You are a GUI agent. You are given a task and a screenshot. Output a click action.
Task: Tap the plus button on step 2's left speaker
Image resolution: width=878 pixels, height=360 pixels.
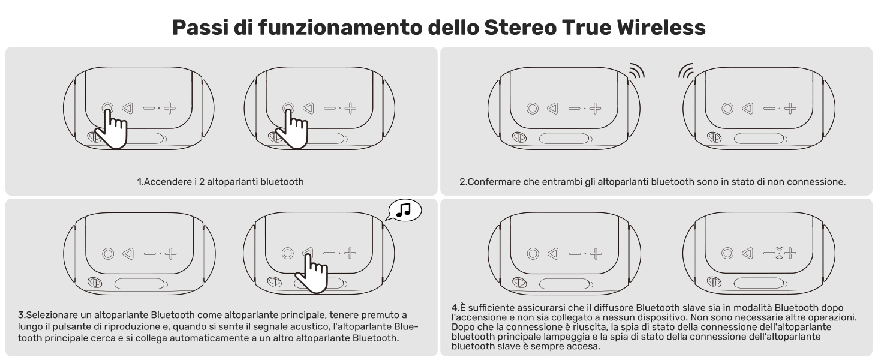[x=594, y=109]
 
